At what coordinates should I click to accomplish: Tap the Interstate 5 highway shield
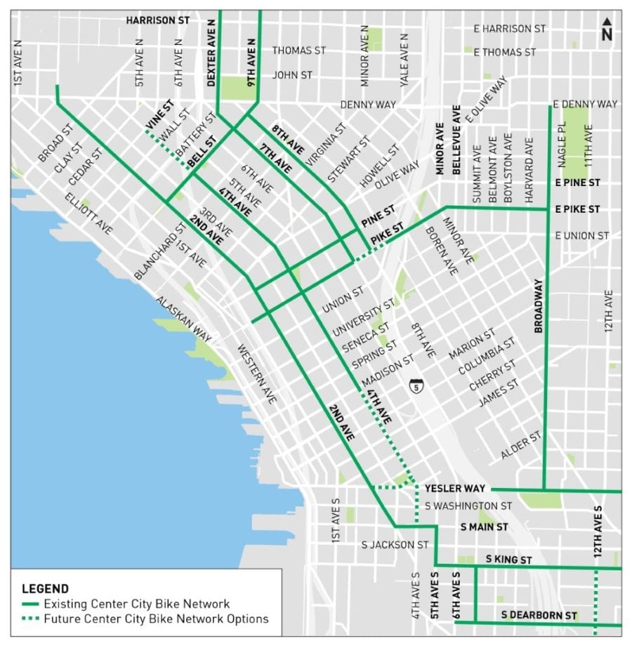[417, 386]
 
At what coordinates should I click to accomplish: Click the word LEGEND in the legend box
[46, 588]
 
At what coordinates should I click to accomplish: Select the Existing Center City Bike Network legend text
[136, 604]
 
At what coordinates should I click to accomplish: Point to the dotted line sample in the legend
[30, 619]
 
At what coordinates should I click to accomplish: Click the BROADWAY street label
[539, 306]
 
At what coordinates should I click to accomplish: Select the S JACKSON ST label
[395, 544]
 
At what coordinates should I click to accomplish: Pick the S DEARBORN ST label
[539, 616]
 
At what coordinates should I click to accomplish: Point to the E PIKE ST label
[577, 209]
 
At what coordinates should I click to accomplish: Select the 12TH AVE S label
[598, 531]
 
